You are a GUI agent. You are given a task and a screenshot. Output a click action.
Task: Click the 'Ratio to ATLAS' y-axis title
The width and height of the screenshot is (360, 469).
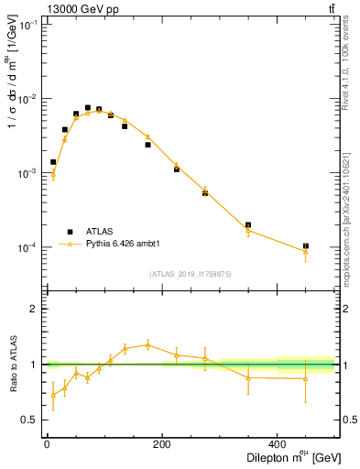pos(12,364)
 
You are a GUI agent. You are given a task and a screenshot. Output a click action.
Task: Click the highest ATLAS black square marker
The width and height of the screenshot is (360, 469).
pos(88,108)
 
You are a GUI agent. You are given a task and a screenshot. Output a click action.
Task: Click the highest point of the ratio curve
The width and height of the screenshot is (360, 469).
pos(147,344)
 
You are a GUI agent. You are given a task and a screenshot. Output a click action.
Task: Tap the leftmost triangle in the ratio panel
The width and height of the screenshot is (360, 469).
pos(53,395)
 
